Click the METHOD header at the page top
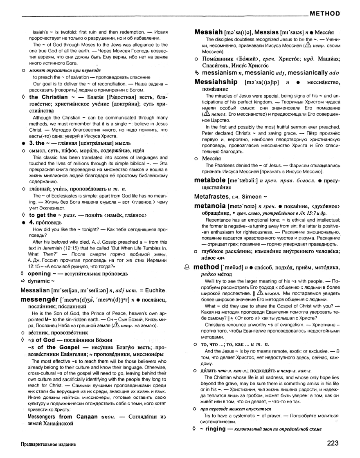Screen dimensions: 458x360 [x=325, y=13]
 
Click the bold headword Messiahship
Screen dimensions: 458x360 [x=216, y=82]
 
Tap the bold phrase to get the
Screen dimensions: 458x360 [x=42, y=215]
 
